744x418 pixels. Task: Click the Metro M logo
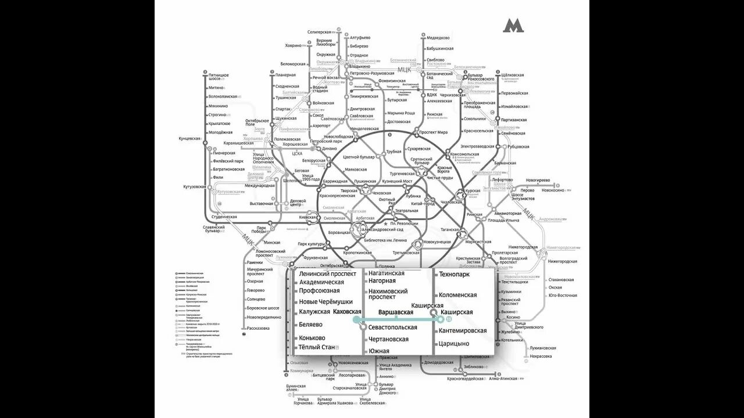tap(513, 26)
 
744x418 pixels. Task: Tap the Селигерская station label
tap(319, 32)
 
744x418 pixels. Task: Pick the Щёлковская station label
tap(513, 75)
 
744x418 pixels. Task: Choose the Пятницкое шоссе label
tap(219, 77)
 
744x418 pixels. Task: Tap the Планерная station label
tap(286, 75)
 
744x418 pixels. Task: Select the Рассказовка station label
tap(258, 328)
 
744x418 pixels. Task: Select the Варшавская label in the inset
tap(396, 312)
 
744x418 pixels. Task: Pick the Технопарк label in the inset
tap(455, 274)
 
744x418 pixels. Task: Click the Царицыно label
tap(454, 344)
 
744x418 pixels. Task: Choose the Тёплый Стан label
tap(317, 347)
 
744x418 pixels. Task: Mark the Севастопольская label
tap(393, 327)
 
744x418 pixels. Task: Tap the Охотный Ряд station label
tap(387, 202)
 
